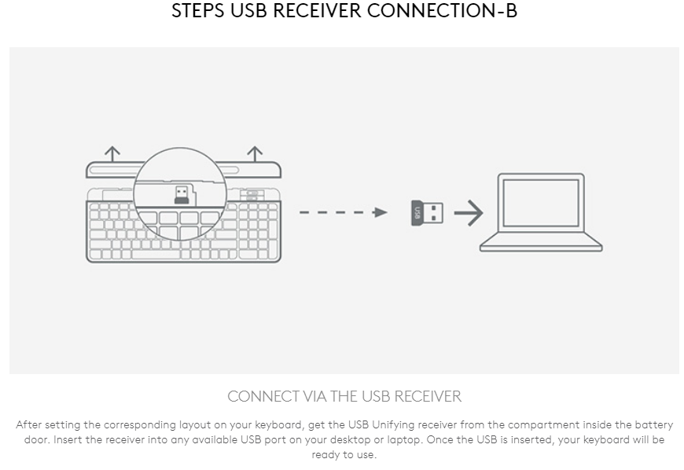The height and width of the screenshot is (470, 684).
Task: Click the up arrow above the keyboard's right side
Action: pos(255,152)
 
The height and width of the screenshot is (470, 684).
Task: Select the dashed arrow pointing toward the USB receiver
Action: pos(342,212)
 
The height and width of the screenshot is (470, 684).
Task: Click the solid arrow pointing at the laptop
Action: pos(469,212)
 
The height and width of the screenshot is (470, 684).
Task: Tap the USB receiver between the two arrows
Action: pos(427,212)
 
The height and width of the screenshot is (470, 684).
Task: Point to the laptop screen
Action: pos(540,204)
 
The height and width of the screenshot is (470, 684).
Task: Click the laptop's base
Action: pos(541,244)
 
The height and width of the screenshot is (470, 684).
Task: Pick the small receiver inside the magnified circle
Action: pos(181,194)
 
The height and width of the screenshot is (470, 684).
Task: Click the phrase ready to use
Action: pos(344,455)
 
